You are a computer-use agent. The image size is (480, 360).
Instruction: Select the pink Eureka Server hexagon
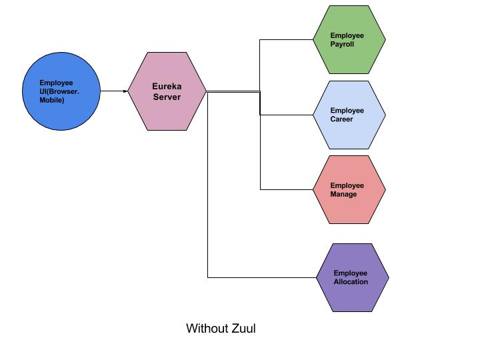[167, 91]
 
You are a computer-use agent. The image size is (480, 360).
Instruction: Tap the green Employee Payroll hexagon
[349, 39]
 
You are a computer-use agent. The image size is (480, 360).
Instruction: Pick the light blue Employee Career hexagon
[349, 115]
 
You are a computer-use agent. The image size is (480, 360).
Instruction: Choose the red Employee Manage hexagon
[349, 189]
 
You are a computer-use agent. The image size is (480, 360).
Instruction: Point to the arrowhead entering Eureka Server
[125, 91]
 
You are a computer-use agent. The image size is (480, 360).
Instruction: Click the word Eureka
[167, 87]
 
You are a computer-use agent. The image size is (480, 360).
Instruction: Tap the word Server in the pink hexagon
[167, 97]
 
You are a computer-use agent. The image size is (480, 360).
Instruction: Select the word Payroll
[342, 45]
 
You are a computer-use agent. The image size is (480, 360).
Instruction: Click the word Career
[341, 120]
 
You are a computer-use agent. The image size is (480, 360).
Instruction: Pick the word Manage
[343, 195]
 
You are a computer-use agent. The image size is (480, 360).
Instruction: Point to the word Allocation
[351, 282]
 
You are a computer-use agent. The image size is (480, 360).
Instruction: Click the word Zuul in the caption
[245, 328]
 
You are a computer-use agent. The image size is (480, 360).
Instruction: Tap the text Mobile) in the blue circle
[52, 100]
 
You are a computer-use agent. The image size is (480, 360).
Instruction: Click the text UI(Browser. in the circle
[59, 91]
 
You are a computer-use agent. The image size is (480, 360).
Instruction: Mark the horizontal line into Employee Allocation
[261, 277]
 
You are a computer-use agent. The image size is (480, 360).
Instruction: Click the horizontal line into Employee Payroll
[286, 39]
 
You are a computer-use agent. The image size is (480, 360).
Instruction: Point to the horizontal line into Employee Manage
[286, 189]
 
